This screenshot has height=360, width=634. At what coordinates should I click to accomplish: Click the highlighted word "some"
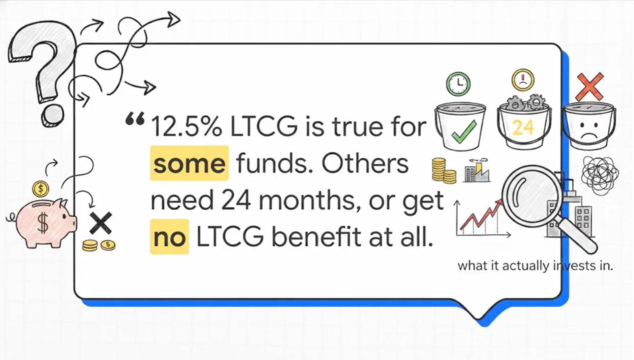(189, 163)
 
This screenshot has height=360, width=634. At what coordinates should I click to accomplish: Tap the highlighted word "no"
(169, 237)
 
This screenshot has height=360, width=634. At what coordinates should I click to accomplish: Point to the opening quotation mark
(135, 119)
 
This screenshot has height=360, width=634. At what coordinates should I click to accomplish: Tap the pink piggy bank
(45, 223)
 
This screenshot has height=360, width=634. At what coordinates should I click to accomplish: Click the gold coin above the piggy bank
(41, 189)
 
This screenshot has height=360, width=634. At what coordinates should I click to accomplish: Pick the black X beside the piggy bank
(100, 223)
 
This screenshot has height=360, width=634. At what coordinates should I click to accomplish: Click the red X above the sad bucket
(590, 87)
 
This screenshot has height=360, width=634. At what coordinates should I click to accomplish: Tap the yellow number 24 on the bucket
(524, 128)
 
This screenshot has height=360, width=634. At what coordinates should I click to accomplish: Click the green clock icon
(458, 84)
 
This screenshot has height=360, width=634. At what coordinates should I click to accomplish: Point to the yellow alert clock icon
(523, 80)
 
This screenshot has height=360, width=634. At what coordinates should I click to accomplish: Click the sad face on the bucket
(589, 130)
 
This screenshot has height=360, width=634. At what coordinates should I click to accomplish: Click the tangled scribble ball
(600, 175)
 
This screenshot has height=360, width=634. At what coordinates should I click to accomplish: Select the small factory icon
(477, 170)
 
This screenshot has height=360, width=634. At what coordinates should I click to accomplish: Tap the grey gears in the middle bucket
(526, 102)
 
